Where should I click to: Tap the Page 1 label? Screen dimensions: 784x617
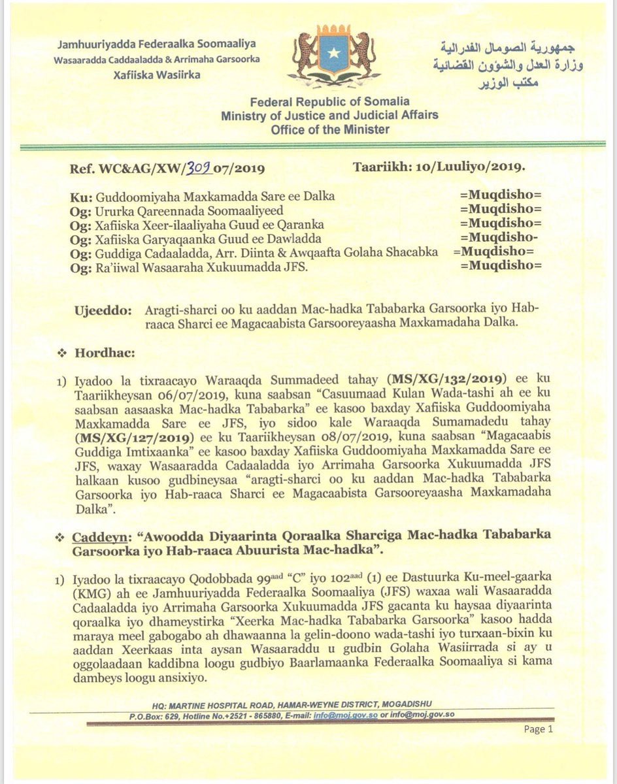pos(539,729)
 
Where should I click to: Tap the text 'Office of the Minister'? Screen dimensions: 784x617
pos(329,129)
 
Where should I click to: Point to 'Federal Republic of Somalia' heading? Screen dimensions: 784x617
pos(329,101)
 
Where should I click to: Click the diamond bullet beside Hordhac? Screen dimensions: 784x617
pos(63,353)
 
